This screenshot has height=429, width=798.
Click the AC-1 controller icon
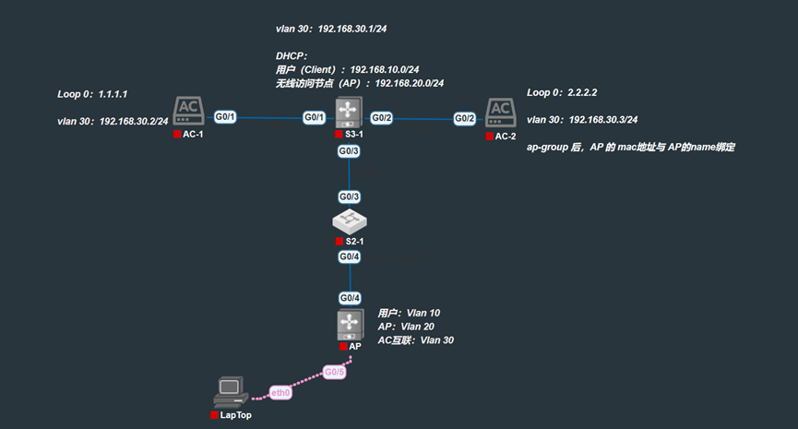[188, 111]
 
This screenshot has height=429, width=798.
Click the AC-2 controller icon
[501, 113]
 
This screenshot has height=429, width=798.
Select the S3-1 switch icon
[349, 113]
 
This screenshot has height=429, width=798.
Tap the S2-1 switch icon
[350, 221]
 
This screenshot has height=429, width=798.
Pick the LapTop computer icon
[231, 392]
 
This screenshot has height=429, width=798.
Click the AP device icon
[351, 325]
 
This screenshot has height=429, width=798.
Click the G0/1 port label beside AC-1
[225, 117]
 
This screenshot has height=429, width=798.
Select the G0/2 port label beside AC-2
[465, 119]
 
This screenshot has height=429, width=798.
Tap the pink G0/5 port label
[334, 372]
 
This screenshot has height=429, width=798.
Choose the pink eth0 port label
[280, 393]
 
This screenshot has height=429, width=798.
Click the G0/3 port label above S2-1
[349, 197]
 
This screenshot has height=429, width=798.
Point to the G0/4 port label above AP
[350, 298]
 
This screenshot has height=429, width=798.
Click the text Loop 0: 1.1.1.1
[92, 94]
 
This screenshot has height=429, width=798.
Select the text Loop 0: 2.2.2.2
[562, 92]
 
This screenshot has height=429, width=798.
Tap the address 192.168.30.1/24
[352, 29]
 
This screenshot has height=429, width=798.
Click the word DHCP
[290, 56]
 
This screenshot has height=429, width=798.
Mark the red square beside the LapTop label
[214, 415]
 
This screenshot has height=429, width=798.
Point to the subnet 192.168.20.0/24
[410, 83]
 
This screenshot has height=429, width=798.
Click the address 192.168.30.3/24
[603, 120]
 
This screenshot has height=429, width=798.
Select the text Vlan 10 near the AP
[423, 313]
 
